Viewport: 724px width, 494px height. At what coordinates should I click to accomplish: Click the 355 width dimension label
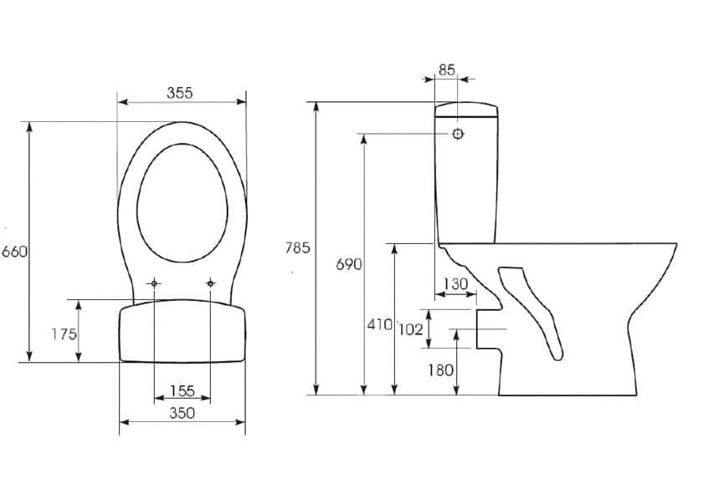click(180, 93)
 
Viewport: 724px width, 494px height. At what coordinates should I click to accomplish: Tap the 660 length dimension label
click(15, 252)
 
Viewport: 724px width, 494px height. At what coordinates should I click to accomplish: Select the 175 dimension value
click(64, 334)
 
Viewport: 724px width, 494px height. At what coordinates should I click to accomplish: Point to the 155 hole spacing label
click(182, 390)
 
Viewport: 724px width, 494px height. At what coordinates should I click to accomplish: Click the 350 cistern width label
click(182, 413)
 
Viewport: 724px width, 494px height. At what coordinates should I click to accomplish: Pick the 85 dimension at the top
click(446, 70)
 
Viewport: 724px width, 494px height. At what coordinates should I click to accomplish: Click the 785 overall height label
click(297, 248)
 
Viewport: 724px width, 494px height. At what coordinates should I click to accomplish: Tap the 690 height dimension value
click(349, 265)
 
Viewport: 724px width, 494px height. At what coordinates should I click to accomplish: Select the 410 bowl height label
click(379, 324)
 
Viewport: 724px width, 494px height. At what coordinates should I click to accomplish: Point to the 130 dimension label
click(455, 283)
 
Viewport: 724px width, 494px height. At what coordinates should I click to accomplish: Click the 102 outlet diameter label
click(410, 329)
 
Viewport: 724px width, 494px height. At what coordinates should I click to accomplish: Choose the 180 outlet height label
click(440, 370)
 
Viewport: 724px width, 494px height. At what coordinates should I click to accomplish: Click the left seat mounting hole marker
click(154, 283)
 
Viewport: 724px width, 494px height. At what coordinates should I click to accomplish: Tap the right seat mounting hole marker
click(211, 283)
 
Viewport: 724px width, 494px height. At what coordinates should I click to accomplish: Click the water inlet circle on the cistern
click(458, 134)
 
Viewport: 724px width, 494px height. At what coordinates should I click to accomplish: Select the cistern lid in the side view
click(466, 109)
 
